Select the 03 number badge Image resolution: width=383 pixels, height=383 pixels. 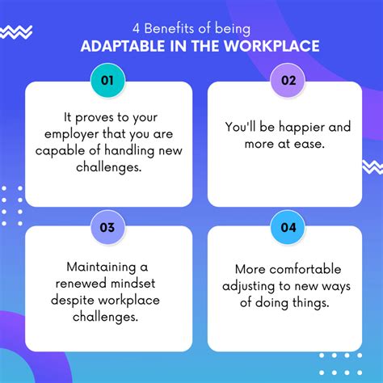tap(107, 227)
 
